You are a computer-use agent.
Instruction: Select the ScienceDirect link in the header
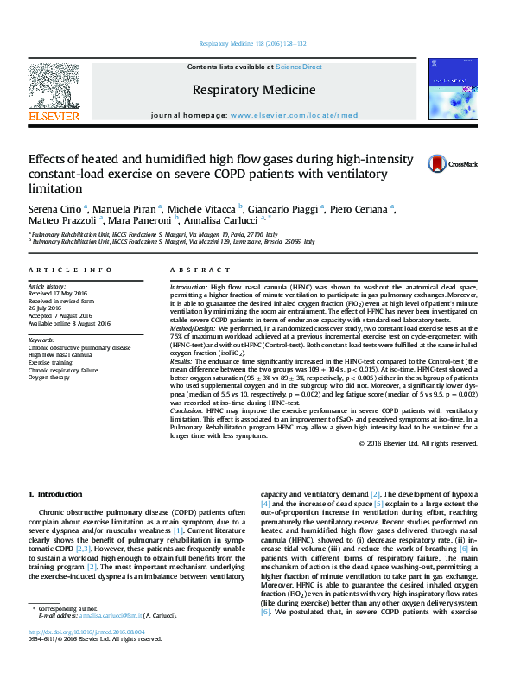coord(299,67)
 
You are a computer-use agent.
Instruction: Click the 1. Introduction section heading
coord(55,494)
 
